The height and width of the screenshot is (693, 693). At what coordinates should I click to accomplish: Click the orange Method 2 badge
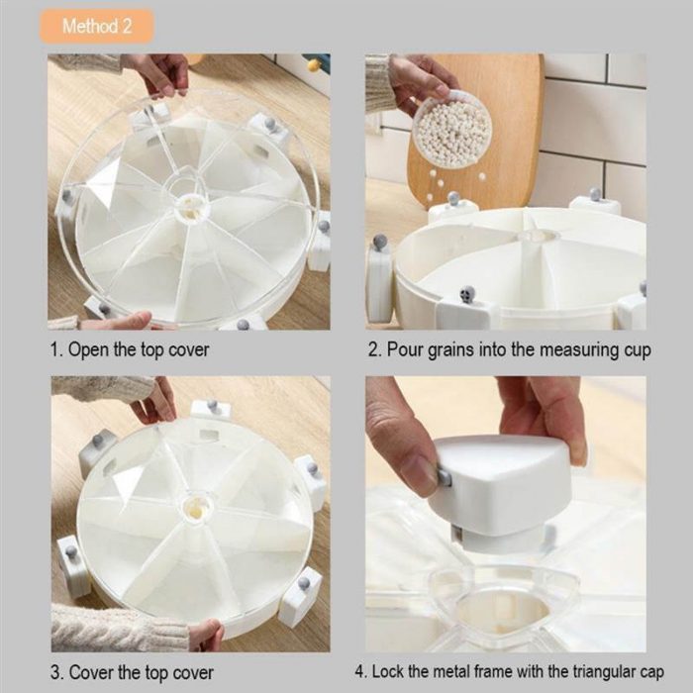[x=96, y=26]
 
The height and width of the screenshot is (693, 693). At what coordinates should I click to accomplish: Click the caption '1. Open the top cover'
[x=130, y=350]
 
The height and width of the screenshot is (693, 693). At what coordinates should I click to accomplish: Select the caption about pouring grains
[x=509, y=350]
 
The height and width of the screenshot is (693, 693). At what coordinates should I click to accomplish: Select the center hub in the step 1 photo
[x=187, y=202]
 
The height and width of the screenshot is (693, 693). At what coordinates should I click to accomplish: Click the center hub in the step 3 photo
[x=195, y=510]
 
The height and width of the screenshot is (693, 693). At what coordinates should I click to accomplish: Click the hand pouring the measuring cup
[x=416, y=79]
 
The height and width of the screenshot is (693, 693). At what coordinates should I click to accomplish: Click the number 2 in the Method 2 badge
[x=126, y=26]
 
